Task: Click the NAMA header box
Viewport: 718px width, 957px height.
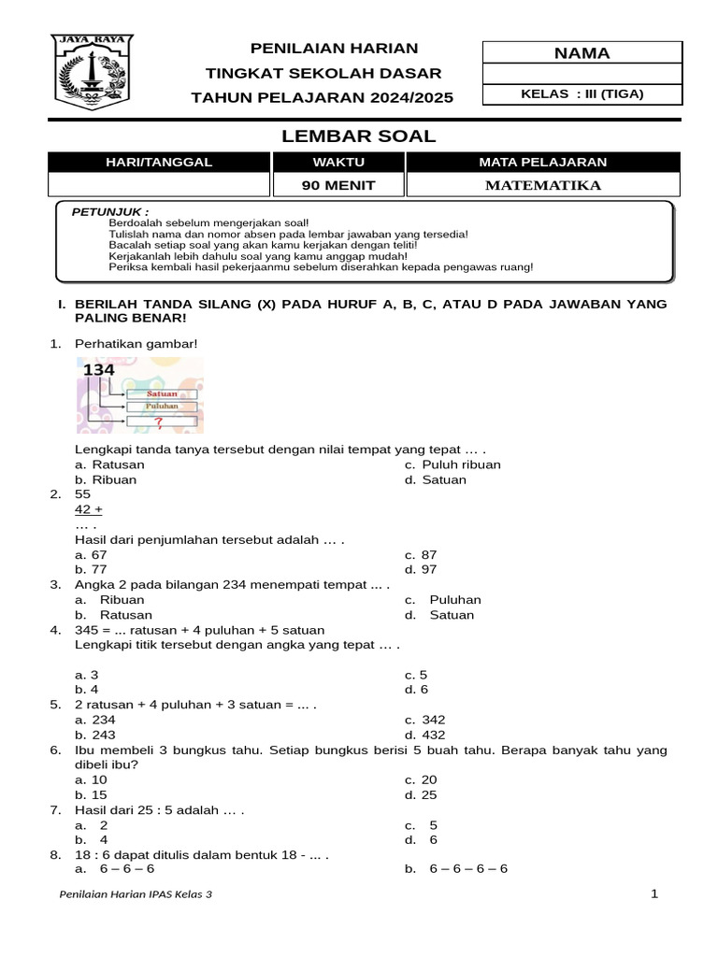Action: [582, 53]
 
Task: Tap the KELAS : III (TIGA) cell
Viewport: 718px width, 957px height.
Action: [582, 93]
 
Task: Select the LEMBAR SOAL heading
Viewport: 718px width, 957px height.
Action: [359, 136]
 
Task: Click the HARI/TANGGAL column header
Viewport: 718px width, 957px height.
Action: [158, 162]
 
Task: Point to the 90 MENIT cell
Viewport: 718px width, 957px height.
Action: [338, 185]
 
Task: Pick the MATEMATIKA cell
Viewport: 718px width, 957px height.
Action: [543, 185]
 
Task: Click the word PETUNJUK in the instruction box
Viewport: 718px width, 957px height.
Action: [110, 212]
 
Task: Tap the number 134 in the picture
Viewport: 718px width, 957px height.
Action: [99, 370]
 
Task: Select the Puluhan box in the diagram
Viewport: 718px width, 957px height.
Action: [160, 407]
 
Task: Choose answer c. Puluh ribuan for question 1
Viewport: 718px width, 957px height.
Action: [452, 464]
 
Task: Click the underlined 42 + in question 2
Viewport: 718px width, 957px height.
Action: [89, 509]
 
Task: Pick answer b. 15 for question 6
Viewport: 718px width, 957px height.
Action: [92, 795]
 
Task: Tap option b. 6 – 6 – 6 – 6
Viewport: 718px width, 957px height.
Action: [457, 868]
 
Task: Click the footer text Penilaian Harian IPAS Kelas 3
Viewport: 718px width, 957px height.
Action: [136, 894]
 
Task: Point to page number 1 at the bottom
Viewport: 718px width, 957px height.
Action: [654, 893]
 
